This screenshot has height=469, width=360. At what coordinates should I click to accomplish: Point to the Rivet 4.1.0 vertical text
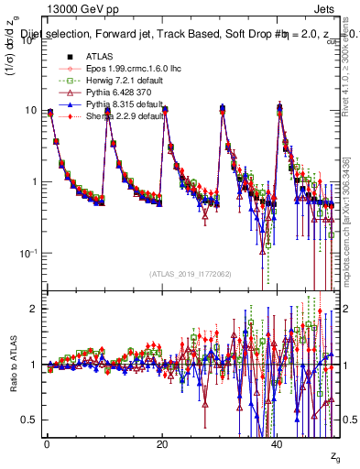(x=349, y=69)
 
